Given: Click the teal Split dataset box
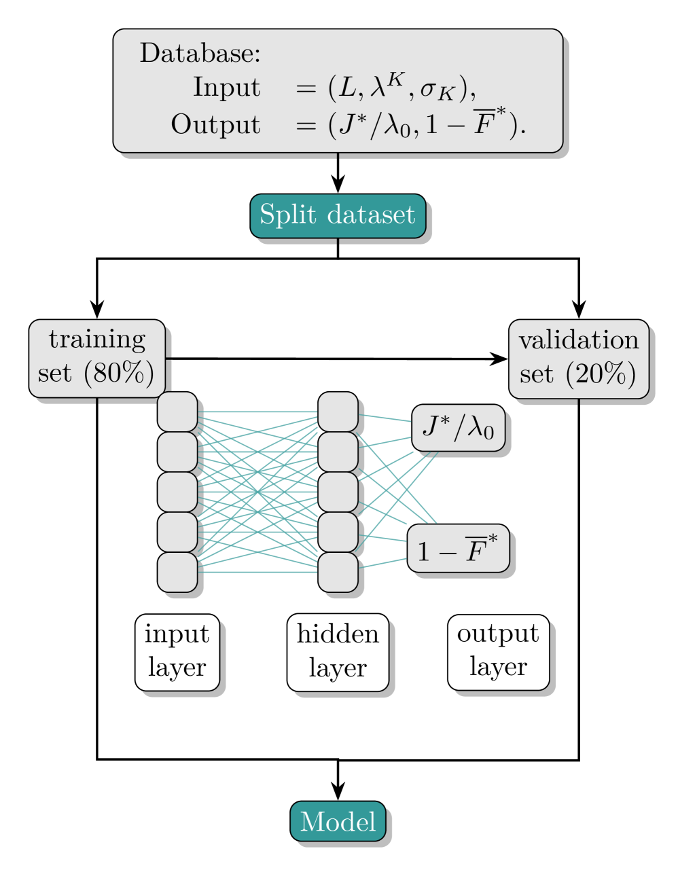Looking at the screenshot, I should coord(338,216).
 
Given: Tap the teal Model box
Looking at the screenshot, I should coord(338,821).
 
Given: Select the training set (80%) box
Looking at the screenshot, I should coord(96,357).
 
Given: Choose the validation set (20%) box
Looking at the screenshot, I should coord(579,358).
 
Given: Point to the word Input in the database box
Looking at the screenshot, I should coord(226,88).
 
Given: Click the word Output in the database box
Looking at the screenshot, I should coord(215,125).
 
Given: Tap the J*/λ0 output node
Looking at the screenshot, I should coord(459,428).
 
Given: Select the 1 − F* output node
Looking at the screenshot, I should coord(458,549).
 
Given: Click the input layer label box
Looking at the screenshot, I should coord(177,652).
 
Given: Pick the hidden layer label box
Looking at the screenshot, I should coord(338,652).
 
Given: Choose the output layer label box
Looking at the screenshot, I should coord(498,652).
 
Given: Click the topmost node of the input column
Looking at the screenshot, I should coord(177,412).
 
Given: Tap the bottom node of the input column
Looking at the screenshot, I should coord(177,572).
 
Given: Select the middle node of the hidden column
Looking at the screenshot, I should coord(338,492).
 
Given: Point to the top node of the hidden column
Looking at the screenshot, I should coord(338,412).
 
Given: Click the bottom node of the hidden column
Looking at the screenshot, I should coord(338,572).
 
